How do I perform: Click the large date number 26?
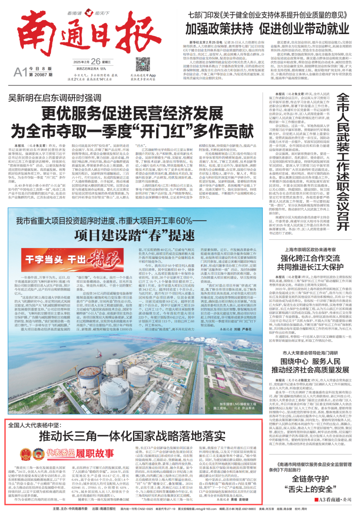click(x=96, y=61)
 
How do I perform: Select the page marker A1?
click(x=20, y=72)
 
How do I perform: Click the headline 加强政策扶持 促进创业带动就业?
click(x=267, y=29)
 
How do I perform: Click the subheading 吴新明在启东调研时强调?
click(x=55, y=98)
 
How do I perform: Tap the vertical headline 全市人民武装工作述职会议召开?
click(x=343, y=162)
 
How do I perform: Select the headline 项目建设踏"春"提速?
click(x=134, y=235)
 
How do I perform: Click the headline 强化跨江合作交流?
click(x=310, y=258)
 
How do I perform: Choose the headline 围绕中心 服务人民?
click(x=310, y=361)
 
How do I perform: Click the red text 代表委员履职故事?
click(x=80, y=453)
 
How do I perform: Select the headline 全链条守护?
click(x=310, y=479)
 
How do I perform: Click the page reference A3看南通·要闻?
click(x=333, y=500)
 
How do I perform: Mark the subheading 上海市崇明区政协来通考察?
click(x=310, y=250)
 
